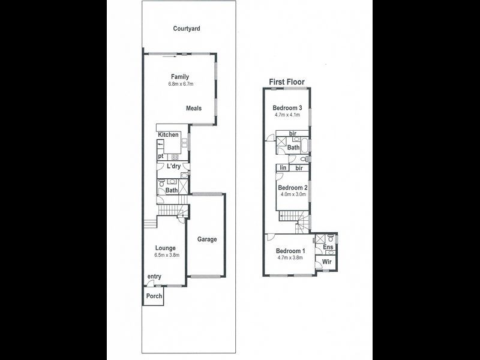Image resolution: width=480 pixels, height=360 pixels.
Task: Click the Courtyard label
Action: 186,28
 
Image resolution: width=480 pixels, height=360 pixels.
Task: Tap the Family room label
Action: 180,77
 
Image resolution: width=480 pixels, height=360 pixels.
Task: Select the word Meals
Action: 193,109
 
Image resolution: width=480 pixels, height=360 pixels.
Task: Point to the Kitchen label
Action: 169,135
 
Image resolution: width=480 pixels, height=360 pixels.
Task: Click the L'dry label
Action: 174,166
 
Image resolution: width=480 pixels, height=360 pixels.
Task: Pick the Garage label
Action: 207,239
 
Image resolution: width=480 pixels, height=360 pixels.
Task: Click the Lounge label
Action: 166,248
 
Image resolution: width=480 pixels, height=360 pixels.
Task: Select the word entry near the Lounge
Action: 154,277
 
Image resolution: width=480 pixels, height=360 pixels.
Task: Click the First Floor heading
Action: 287,82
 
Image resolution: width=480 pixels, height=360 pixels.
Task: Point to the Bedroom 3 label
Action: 287,108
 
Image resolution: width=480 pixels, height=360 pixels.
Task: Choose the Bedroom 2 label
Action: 292,187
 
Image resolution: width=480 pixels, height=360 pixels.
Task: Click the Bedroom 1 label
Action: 290,251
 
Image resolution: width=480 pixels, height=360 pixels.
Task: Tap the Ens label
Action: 328,247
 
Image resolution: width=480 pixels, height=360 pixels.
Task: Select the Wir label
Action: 328,262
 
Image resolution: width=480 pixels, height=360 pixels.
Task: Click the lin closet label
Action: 283,169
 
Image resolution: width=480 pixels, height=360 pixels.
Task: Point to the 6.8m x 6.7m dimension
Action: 180,85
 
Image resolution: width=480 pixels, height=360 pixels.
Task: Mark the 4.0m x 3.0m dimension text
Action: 292,194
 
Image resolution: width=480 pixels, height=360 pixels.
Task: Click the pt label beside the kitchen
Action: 161,157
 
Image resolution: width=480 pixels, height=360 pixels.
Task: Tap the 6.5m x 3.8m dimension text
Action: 166,255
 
